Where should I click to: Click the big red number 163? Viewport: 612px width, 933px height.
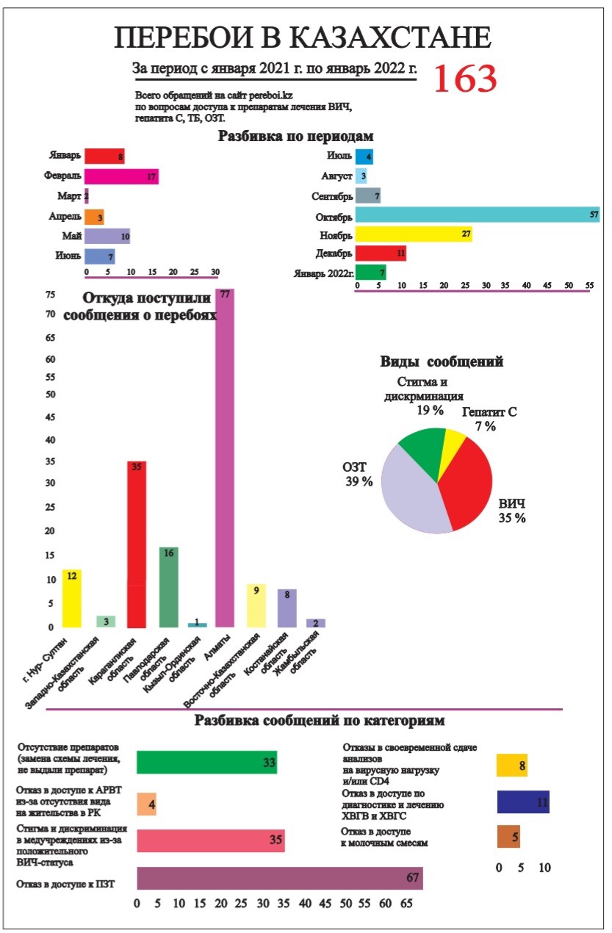(465, 78)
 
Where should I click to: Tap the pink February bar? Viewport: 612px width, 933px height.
(121, 176)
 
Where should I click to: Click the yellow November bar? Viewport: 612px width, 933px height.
(413, 234)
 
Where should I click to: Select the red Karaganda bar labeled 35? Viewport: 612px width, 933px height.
(137, 544)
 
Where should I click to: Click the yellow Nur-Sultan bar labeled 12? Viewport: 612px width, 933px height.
(71, 598)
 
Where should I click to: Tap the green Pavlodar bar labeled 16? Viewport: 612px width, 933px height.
(169, 587)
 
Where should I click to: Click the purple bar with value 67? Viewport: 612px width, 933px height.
(279, 879)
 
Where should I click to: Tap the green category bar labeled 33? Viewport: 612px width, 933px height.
(206, 763)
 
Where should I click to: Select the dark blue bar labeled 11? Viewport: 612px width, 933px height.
(523, 802)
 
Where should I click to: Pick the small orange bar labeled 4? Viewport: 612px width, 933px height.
(146, 804)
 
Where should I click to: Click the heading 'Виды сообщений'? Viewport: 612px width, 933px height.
(442, 361)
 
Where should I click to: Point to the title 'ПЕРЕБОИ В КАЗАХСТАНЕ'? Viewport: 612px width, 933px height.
(302, 38)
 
